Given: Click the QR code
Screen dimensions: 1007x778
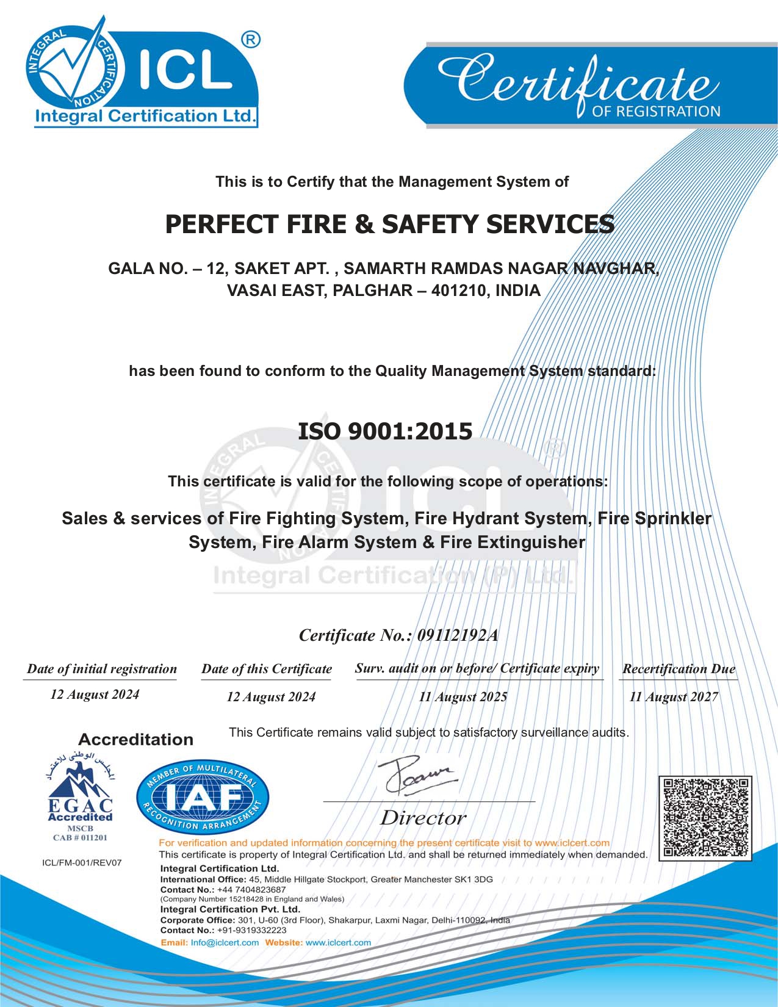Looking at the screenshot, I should pyautogui.click(x=705, y=818).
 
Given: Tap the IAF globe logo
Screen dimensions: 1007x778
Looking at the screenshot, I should pyautogui.click(x=202, y=799).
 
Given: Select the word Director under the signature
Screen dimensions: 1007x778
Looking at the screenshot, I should pyautogui.click(x=423, y=818).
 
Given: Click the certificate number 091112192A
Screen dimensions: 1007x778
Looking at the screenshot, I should pyautogui.click(x=457, y=636).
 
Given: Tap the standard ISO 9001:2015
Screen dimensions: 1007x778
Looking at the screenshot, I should pyautogui.click(x=385, y=431).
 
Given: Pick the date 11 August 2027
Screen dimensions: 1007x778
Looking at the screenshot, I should pyautogui.click(x=674, y=697).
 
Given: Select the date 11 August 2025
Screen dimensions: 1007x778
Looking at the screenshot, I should pyautogui.click(x=463, y=697).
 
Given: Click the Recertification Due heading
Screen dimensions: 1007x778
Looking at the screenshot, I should pyautogui.click(x=679, y=669).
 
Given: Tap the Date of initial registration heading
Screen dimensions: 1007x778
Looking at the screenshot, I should pyautogui.click(x=102, y=669).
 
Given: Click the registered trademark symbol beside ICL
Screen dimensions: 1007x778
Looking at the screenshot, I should pyautogui.click(x=250, y=40).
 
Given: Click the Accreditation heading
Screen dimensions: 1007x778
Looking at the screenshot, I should pyautogui.click(x=135, y=740).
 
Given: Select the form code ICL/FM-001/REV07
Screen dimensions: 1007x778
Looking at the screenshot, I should pyautogui.click(x=82, y=863).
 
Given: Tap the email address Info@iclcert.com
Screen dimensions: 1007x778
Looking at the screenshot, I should pyautogui.click(x=225, y=942).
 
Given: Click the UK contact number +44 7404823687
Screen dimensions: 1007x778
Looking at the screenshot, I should pyautogui.click(x=251, y=890).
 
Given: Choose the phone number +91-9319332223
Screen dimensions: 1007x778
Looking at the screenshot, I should pyautogui.click(x=251, y=930).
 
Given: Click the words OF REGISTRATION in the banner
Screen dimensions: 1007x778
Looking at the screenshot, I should pyautogui.click(x=656, y=112).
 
